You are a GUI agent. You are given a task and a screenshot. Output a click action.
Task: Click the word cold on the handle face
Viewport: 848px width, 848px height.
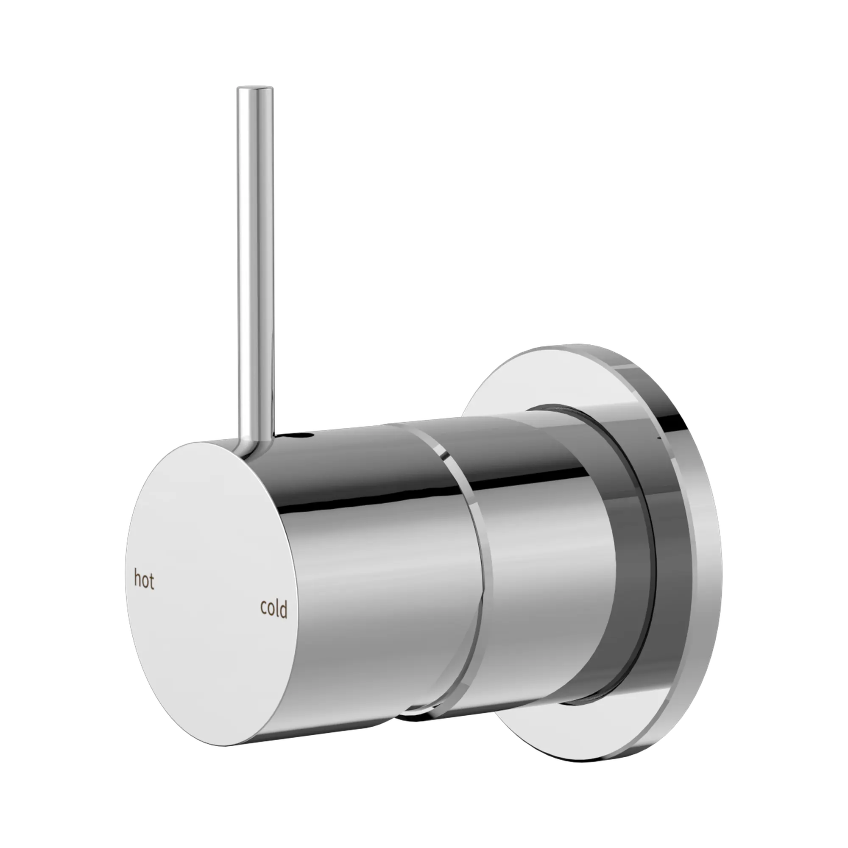pyautogui.click(x=274, y=609)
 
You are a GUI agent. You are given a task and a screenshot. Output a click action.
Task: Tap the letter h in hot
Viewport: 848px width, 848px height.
pyautogui.click(x=137, y=579)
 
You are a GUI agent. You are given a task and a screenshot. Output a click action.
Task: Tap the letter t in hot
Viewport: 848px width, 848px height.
pyautogui.click(x=151, y=582)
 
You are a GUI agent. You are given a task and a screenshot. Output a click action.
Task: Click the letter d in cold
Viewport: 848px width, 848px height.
pyautogui.click(x=285, y=608)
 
